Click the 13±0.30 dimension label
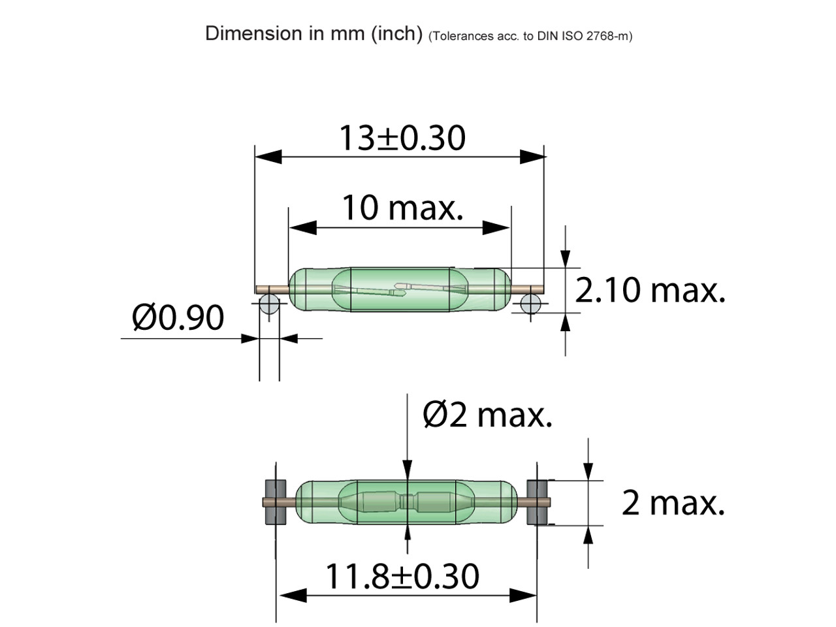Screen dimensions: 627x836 point(402,138)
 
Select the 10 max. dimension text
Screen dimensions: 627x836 point(402,208)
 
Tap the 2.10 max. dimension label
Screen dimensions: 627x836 point(650,290)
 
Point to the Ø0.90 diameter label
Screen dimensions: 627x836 point(178,318)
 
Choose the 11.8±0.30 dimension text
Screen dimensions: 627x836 point(402,576)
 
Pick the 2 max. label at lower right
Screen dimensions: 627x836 point(673,503)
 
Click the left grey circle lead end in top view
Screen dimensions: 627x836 point(269,304)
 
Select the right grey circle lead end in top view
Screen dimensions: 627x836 point(531,304)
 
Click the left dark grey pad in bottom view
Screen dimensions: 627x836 point(276,502)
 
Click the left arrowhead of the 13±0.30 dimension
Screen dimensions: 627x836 point(268,157)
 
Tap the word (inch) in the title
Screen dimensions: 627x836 point(397,33)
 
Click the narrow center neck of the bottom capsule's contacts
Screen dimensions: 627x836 point(408,502)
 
